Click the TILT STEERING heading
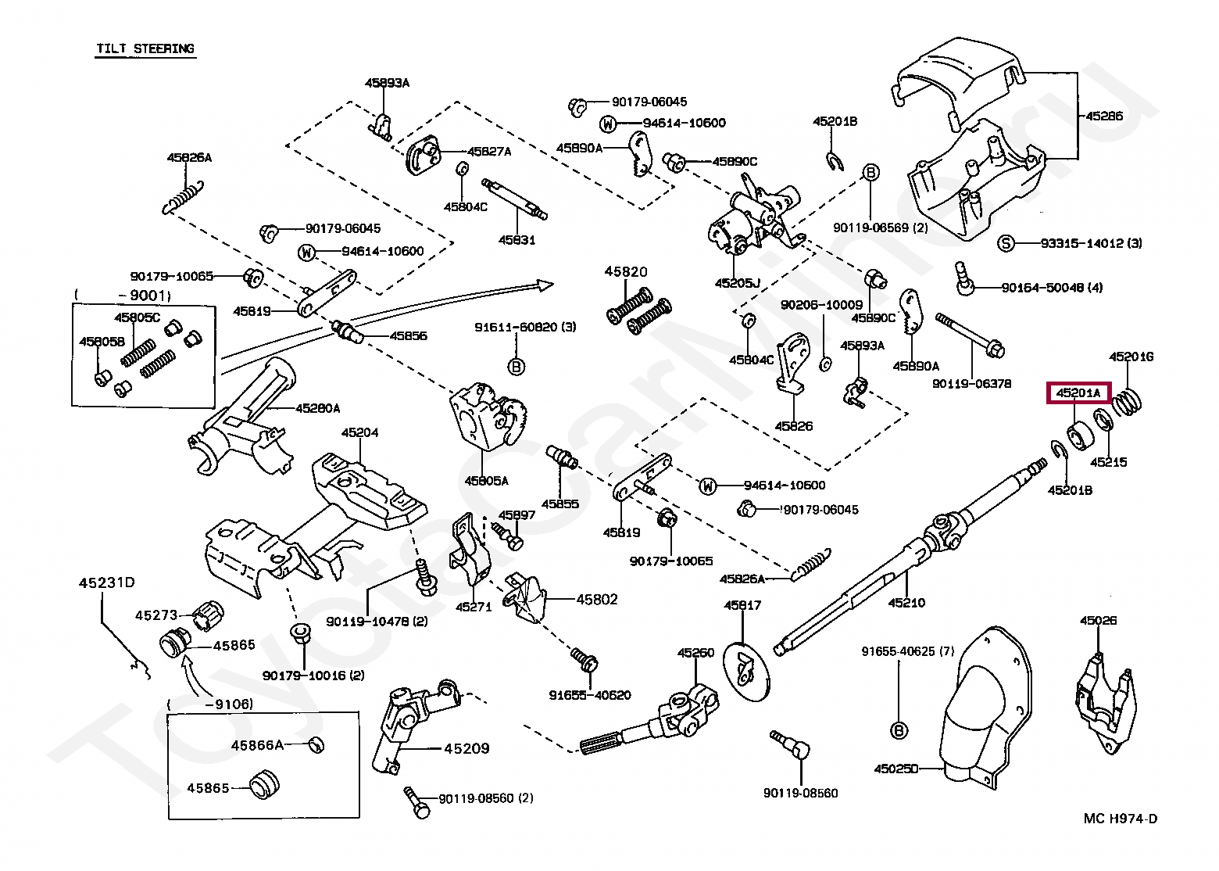tap(145, 49)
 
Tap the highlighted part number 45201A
tap(1078, 392)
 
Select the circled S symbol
tap(1006, 243)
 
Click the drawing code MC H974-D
tap(1121, 819)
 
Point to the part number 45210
tap(906, 603)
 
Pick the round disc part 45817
tap(748, 666)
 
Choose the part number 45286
tap(1103, 116)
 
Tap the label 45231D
tap(106, 582)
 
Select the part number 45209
tap(467, 748)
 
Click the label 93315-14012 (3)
tap(1091, 243)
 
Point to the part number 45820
tap(625, 272)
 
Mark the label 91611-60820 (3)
tap(525, 327)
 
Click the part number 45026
tap(1098, 621)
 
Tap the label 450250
tap(896, 769)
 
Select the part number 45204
tap(359, 432)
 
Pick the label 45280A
tap(317, 408)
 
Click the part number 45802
tap(597, 600)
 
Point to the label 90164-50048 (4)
tap(1052, 288)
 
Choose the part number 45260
tap(695, 653)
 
